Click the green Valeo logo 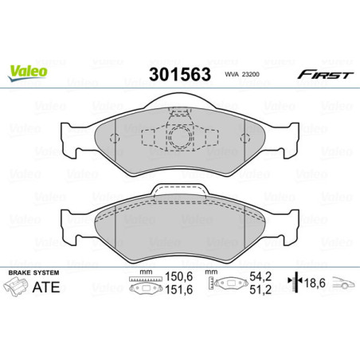point(28,72)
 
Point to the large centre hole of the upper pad point(179,134)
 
